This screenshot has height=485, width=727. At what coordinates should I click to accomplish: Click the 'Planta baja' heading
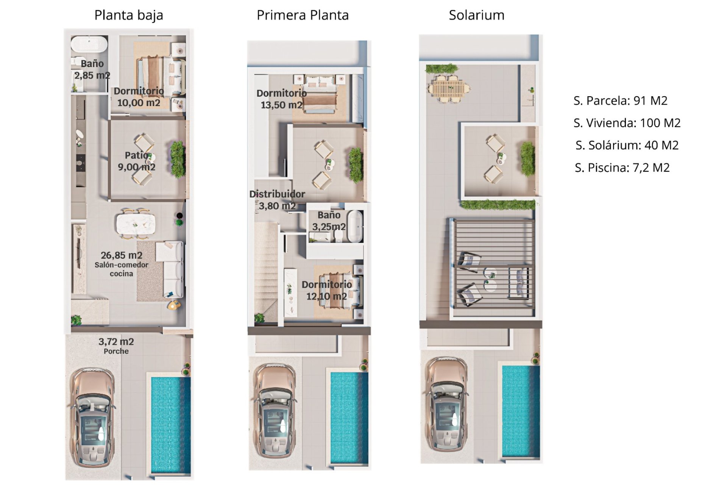[x=129, y=16]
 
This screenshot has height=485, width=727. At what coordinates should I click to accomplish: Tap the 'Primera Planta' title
[x=303, y=15]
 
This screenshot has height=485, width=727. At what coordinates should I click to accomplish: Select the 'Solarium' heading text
[x=476, y=15]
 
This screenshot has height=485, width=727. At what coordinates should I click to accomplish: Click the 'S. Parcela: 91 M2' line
[x=620, y=100]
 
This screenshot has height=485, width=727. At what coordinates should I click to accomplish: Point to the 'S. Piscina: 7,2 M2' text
[x=622, y=167]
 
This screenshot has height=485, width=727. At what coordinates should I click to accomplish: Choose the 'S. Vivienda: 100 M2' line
[x=627, y=123]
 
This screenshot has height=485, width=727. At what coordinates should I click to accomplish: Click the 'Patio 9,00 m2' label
[x=137, y=161]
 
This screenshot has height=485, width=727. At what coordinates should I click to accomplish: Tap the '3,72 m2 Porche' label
[x=116, y=346]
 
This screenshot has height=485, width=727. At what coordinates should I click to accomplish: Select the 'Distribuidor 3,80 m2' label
[x=277, y=200]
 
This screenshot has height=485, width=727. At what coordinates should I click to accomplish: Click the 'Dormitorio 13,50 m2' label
[x=282, y=99]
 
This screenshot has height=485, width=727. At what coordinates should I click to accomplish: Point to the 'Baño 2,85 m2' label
[x=92, y=69]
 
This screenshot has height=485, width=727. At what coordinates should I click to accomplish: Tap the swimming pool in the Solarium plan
[x=521, y=411]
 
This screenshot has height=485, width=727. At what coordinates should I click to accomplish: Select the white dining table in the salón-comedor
[x=136, y=224]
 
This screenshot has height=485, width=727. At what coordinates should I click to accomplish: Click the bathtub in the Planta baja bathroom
[x=89, y=44]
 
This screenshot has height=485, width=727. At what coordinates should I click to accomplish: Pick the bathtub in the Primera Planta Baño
[x=355, y=227]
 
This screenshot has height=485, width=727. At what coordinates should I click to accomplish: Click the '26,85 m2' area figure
[x=122, y=255]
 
